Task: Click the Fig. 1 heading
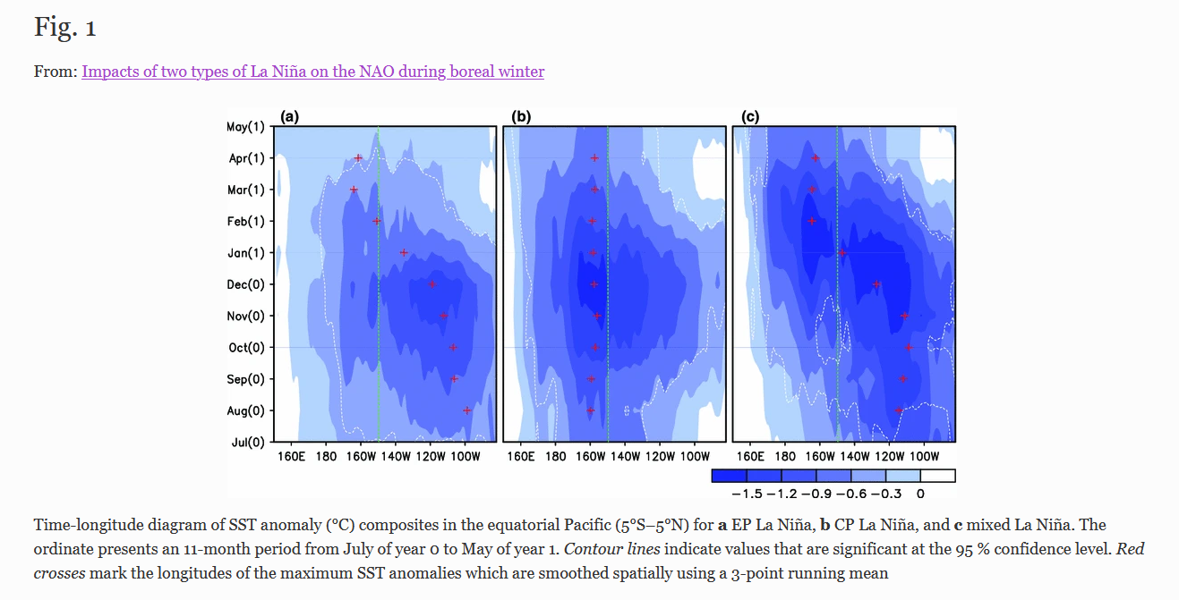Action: (65, 27)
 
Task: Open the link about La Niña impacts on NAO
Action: (312, 71)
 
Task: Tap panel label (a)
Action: (289, 116)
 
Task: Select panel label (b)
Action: (521, 116)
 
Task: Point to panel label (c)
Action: (750, 116)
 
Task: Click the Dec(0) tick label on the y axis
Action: (245, 284)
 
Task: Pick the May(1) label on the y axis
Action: (245, 127)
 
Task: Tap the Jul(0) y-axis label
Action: (248, 443)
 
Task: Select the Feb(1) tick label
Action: (246, 222)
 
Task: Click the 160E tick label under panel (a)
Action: (291, 456)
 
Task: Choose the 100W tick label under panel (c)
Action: (924, 456)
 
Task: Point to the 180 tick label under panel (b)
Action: (556, 456)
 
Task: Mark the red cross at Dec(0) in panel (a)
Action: (432, 284)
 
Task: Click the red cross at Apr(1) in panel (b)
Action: (594, 157)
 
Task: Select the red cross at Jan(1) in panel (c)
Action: (842, 253)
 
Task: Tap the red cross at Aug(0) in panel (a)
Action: (467, 410)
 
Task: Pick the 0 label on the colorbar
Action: (920, 494)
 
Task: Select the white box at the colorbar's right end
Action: (938, 476)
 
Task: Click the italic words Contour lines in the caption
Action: (612, 549)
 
